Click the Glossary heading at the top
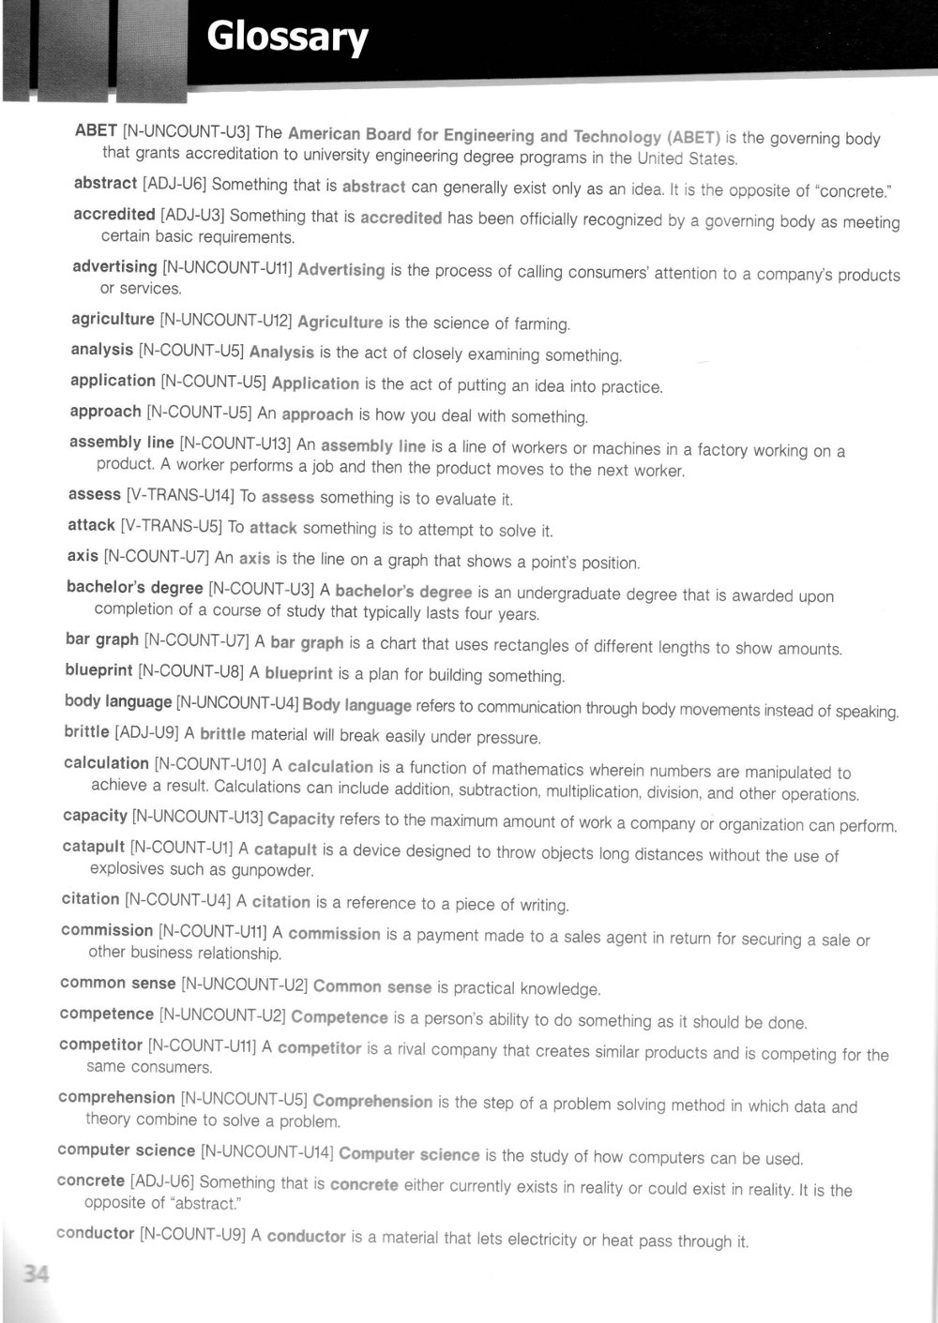[287, 39]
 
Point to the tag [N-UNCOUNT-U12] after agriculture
[226, 321]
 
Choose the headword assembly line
[121, 443]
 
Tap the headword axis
[83, 556]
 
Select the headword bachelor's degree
[134, 588]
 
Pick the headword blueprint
[98, 670]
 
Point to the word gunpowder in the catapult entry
[271, 871]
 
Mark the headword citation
[90, 899]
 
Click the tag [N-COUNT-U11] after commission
[212, 932]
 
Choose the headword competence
[106, 1014]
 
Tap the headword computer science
[126, 1150]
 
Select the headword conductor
[95, 1233]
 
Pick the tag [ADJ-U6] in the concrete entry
[162, 1181]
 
